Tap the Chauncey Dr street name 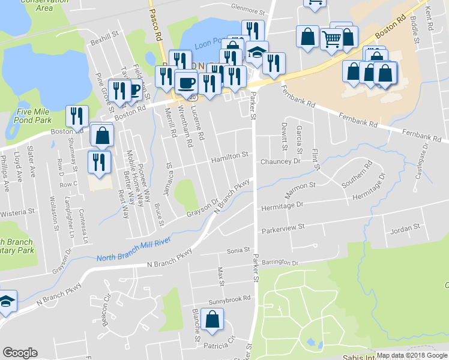pos(280,161)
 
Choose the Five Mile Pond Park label pos(34,112)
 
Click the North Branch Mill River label pos(134,250)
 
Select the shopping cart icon pos(331,39)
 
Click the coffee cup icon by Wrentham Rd pos(186,81)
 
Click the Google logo pos(20,353)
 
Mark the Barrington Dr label pos(280,263)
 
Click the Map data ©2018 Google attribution pos(412,355)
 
